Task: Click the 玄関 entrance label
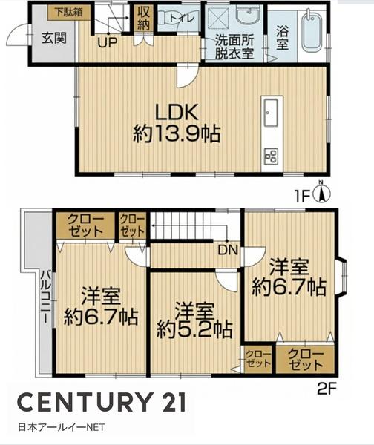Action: pyautogui.click(x=54, y=38)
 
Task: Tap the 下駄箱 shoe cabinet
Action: pyautogui.click(x=69, y=13)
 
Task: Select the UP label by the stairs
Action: pyautogui.click(x=108, y=42)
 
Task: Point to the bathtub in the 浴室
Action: pyautogui.click(x=312, y=32)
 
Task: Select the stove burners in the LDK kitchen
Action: pyautogui.click(x=272, y=156)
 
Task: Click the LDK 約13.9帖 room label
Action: pyautogui.click(x=177, y=123)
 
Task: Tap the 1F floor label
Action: pyautogui.click(x=302, y=197)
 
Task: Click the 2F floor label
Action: pyautogui.click(x=327, y=389)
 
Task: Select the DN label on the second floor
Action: pyautogui.click(x=228, y=250)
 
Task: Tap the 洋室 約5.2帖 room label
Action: pyautogui.click(x=194, y=320)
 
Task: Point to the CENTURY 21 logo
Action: pyautogui.click(x=102, y=402)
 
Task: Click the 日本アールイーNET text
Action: pyautogui.click(x=62, y=427)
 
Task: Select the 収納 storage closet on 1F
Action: pyautogui.click(x=143, y=19)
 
